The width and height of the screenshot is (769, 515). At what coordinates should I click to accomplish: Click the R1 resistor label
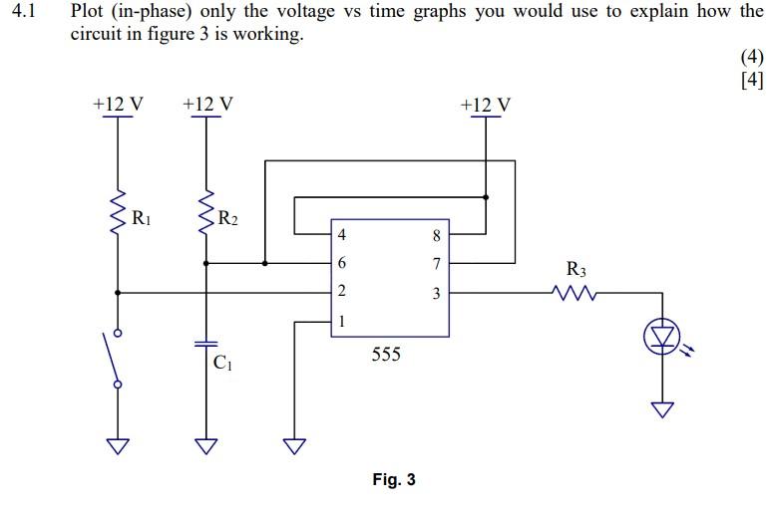click(x=143, y=217)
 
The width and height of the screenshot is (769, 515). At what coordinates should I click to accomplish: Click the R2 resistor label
click(x=227, y=217)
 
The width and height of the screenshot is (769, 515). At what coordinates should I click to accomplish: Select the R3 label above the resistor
click(x=577, y=269)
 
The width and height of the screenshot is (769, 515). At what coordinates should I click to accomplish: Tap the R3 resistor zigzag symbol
click(x=575, y=293)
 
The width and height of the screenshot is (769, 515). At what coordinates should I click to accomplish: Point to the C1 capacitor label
click(x=222, y=364)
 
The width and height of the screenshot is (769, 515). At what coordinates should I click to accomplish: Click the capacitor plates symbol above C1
click(x=206, y=343)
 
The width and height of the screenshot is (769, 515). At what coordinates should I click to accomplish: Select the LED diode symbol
click(x=661, y=340)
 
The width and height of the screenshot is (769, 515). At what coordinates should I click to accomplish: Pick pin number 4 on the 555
click(x=342, y=236)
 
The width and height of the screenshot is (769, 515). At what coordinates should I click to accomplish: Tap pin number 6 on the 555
click(x=342, y=264)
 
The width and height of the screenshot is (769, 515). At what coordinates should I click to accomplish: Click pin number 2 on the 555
click(x=342, y=292)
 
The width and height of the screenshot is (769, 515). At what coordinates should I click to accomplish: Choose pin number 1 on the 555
click(x=342, y=321)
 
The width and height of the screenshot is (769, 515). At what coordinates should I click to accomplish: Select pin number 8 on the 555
click(x=436, y=236)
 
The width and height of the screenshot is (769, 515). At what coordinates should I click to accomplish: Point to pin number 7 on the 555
click(x=436, y=264)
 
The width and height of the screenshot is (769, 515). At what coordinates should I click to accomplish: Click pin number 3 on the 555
click(x=436, y=293)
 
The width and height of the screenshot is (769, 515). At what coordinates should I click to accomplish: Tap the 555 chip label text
click(x=386, y=354)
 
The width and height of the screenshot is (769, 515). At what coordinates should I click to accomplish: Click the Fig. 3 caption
click(x=394, y=480)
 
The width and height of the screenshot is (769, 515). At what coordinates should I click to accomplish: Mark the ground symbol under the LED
click(x=661, y=409)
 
